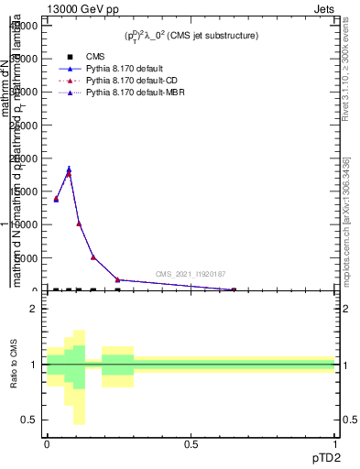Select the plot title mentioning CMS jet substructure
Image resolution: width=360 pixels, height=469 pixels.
pyautogui.click(x=191, y=36)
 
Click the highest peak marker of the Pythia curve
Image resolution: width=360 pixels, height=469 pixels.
pyautogui.click(x=69, y=169)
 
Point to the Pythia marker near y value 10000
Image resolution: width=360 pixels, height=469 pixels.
pyautogui.click(x=79, y=224)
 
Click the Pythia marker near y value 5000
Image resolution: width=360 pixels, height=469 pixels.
pyautogui.click(x=93, y=257)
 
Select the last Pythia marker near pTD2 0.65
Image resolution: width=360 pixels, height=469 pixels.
pyautogui.click(x=233, y=289)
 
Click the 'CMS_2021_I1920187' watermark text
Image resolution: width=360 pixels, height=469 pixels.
pyautogui.click(x=190, y=274)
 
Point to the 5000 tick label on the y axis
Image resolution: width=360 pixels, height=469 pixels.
pyautogui.click(x=27, y=257)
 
